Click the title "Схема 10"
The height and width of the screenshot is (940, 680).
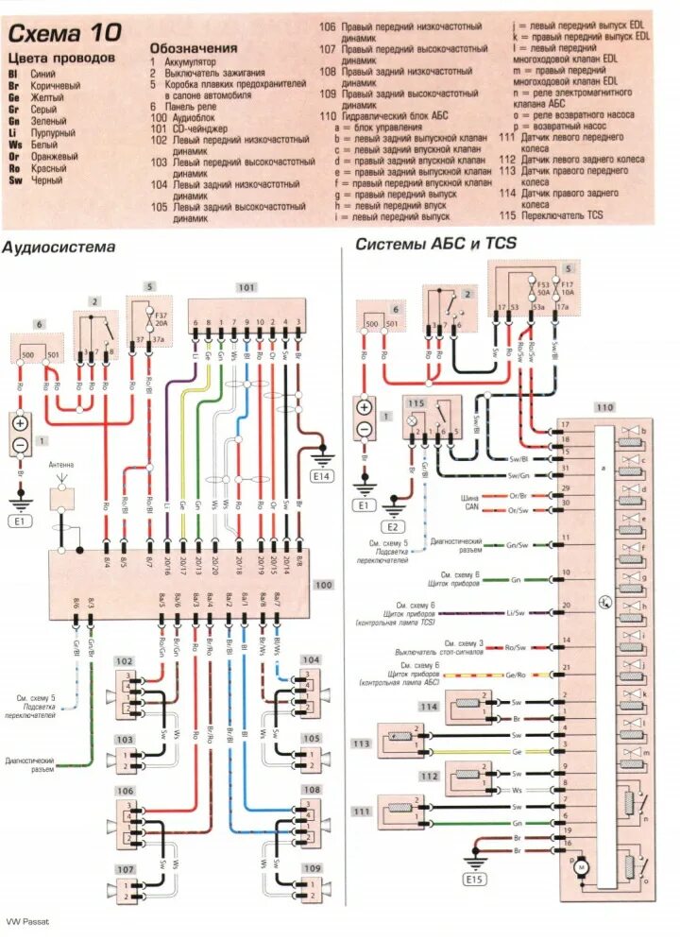(65, 34)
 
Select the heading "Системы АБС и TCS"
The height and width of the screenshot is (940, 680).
(435, 244)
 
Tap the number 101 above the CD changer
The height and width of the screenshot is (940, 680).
(246, 286)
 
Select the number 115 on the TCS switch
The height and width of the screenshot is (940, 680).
(417, 403)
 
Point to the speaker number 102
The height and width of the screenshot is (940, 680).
(125, 660)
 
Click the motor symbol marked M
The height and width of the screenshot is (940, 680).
(582, 865)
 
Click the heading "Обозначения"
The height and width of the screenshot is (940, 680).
(194, 48)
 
